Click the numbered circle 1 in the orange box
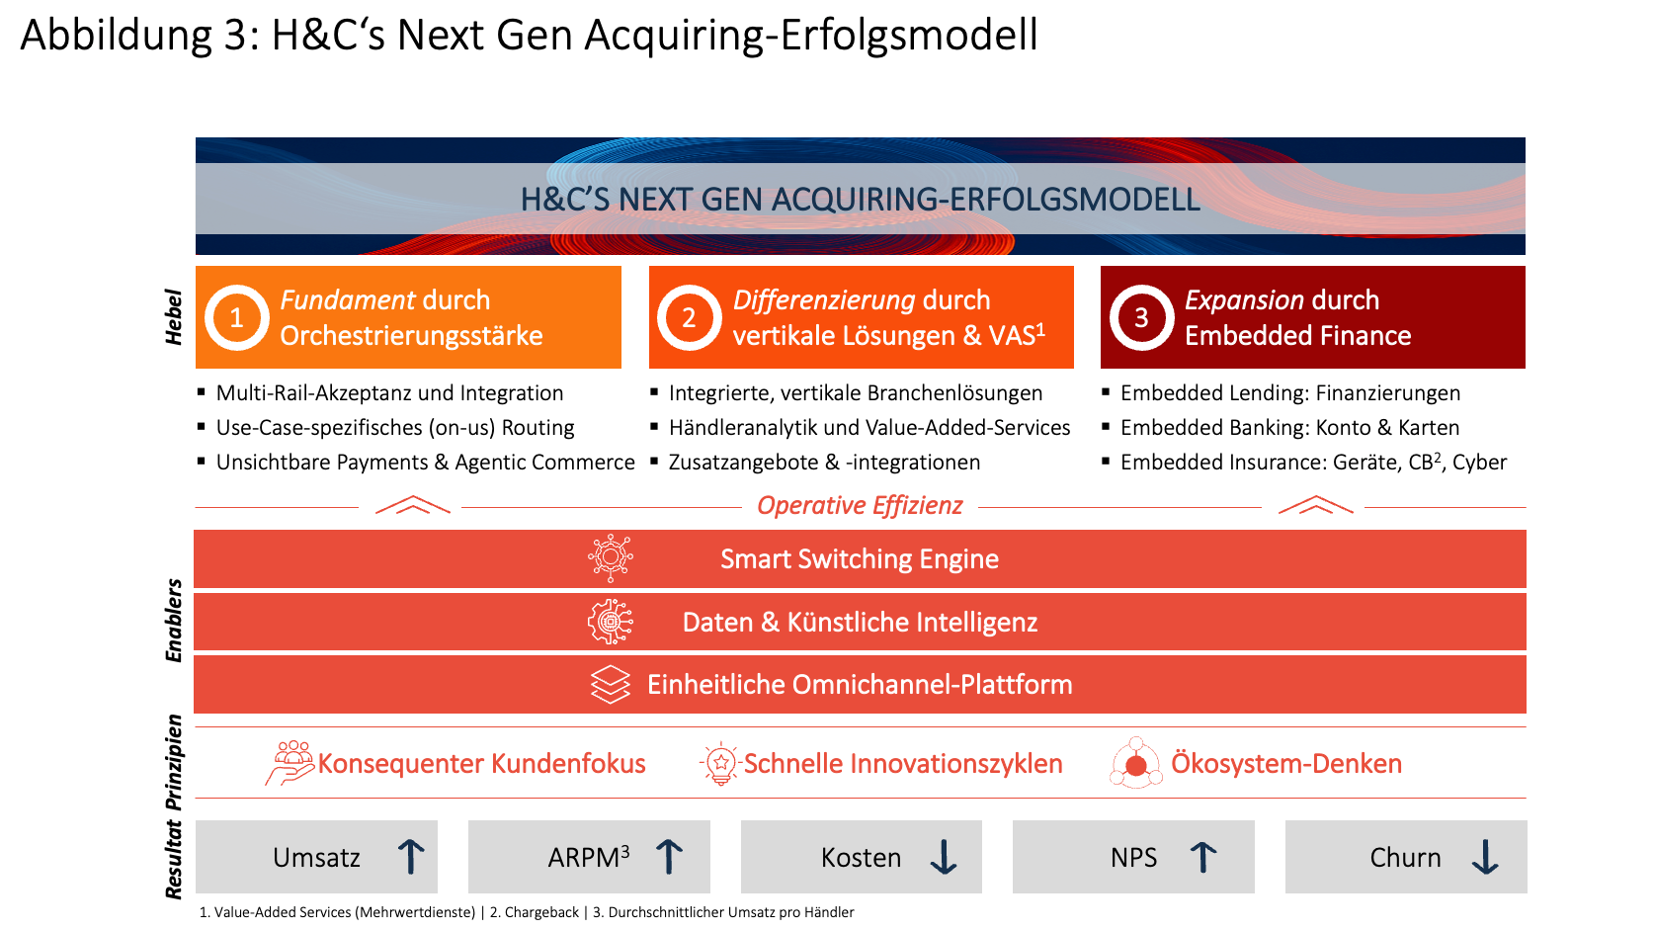[237, 318]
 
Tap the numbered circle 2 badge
[689, 318]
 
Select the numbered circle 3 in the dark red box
[1141, 318]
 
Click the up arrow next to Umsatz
[411, 857]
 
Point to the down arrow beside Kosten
[944, 857]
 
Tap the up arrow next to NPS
[1202, 857]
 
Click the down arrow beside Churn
[1484, 857]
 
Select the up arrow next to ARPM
[669, 857]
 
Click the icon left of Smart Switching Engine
[611, 558]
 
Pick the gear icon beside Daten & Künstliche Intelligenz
[611, 622]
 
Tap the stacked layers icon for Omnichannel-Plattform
[611, 684]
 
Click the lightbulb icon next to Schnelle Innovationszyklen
[720, 764]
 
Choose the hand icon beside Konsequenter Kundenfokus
[289, 764]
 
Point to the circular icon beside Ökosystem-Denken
[1136, 764]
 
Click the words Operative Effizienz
[860, 506]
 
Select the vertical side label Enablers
[174, 621]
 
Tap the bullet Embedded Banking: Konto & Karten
[1289, 428]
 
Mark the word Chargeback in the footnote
[541, 912]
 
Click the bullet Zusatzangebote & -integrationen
[824, 463]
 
